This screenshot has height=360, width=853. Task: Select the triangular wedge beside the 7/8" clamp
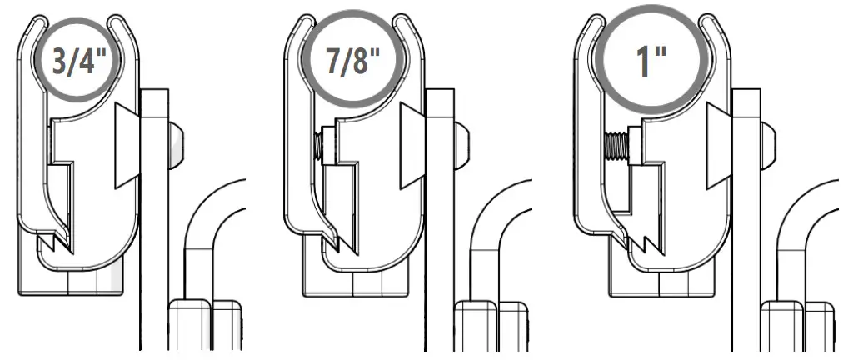(x=412, y=146)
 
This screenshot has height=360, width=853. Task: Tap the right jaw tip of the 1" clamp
(x=708, y=24)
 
